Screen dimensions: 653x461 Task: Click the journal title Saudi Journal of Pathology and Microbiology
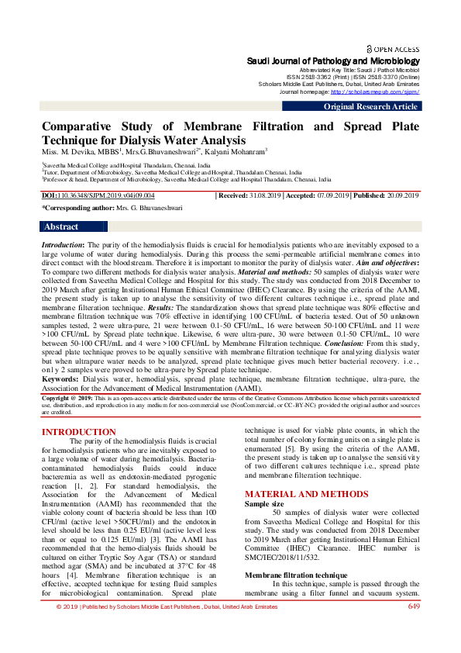[x=332, y=60]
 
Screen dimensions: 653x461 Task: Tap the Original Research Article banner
[x=370, y=106]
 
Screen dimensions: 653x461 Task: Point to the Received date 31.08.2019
[x=266, y=196]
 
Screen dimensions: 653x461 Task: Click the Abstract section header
[x=61, y=227]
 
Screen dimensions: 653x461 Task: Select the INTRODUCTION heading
[x=78, y=432]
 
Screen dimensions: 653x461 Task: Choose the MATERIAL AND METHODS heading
[x=301, y=494]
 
